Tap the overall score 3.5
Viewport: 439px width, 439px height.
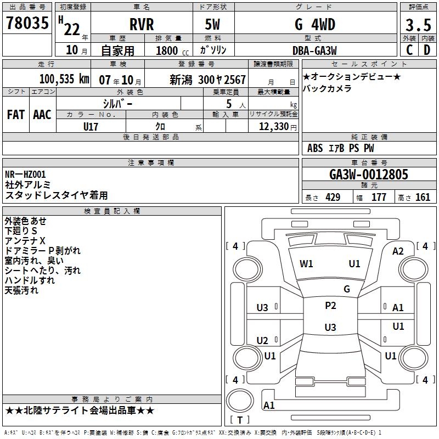click(418, 25)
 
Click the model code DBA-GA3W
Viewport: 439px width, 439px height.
click(314, 50)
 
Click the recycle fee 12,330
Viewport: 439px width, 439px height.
click(273, 127)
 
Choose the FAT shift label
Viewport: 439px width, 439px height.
click(15, 115)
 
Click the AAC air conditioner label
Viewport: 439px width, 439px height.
click(42, 115)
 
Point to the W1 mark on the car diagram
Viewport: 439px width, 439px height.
click(306, 264)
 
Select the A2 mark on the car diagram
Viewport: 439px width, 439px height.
click(398, 251)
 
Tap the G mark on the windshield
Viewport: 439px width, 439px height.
click(346, 289)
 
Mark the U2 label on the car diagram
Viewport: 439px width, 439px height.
click(262, 341)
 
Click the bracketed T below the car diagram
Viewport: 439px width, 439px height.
click(240, 420)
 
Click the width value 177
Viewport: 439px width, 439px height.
click(379, 198)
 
